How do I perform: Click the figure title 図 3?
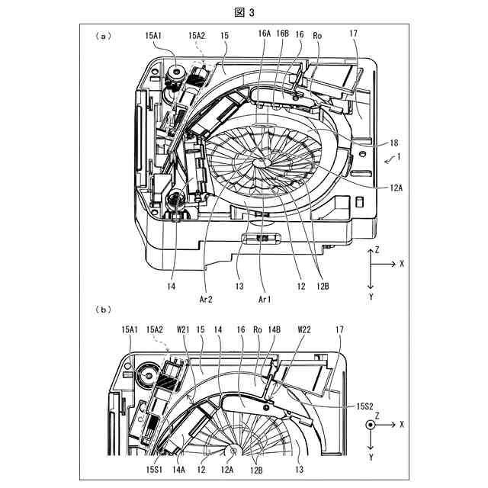point(245,12)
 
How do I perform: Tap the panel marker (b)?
point(104,309)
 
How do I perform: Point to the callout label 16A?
point(265,35)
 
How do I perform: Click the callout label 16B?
point(283,35)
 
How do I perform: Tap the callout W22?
point(305,329)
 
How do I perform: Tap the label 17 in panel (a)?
point(352,35)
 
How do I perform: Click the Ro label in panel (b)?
point(258,329)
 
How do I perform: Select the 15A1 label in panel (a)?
point(154,35)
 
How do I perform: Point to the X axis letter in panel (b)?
point(401,423)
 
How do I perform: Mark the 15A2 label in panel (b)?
point(156,329)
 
